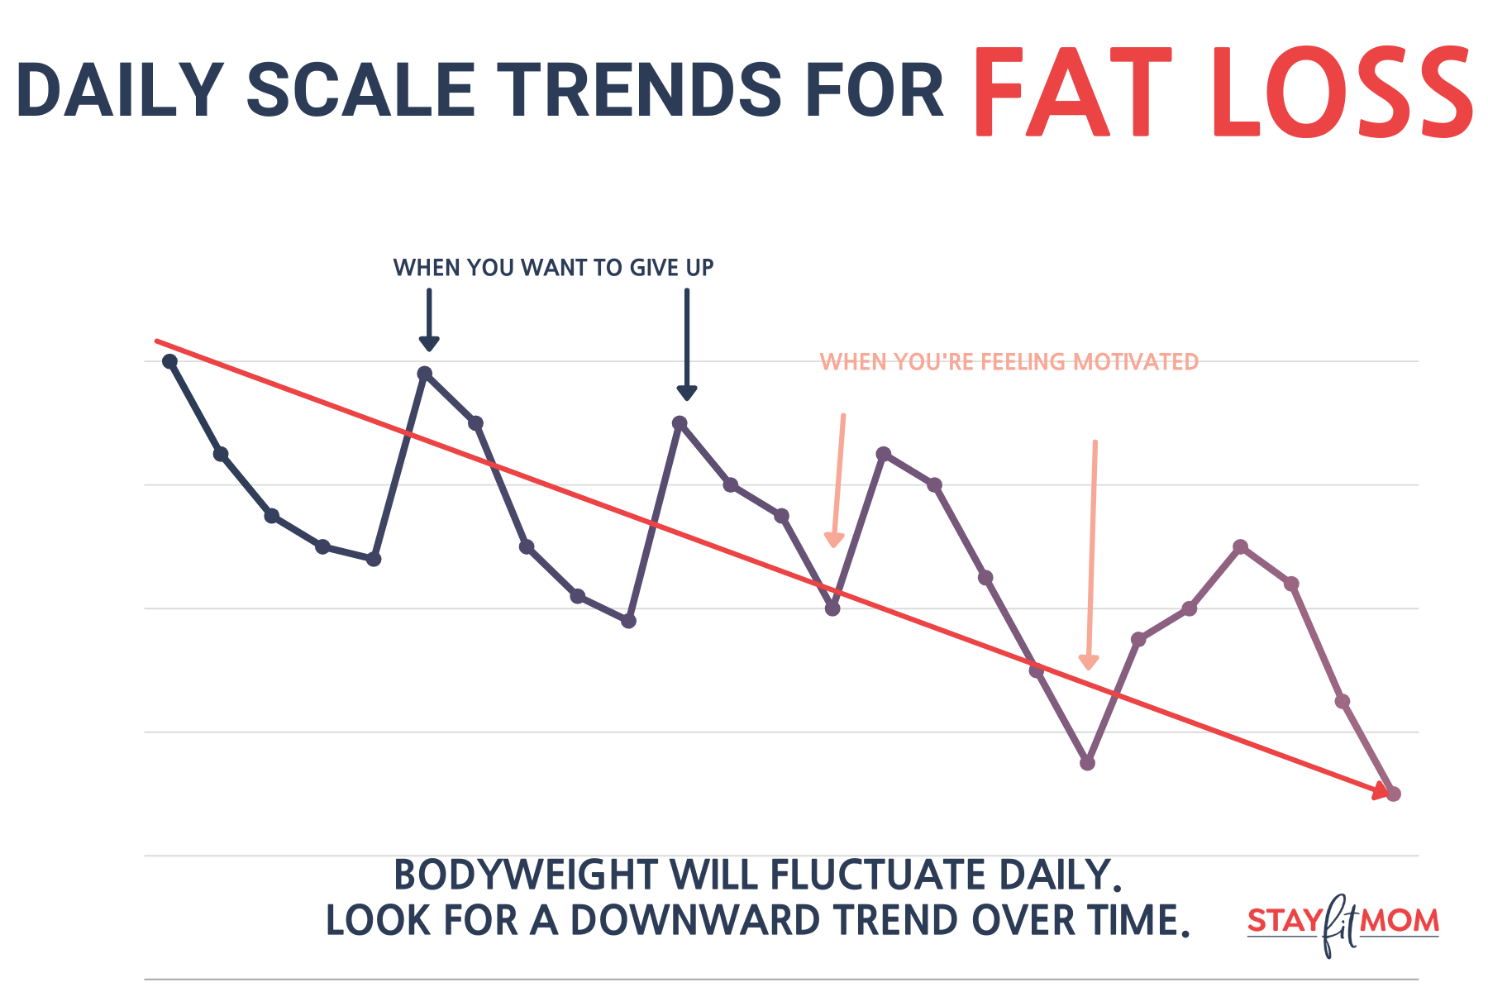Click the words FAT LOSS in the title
(1222, 93)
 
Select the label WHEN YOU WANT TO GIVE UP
(553, 268)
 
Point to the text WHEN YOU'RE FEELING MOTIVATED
(1009, 362)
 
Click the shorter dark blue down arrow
(429, 320)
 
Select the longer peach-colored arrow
(1092, 554)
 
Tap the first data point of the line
(170, 361)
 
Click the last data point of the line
(1394, 794)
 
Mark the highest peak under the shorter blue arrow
(425, 373)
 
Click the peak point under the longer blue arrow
(680, 422)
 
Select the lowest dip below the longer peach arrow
(1088, 763)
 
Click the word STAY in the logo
(1283, 920)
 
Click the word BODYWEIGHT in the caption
(526, 875)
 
